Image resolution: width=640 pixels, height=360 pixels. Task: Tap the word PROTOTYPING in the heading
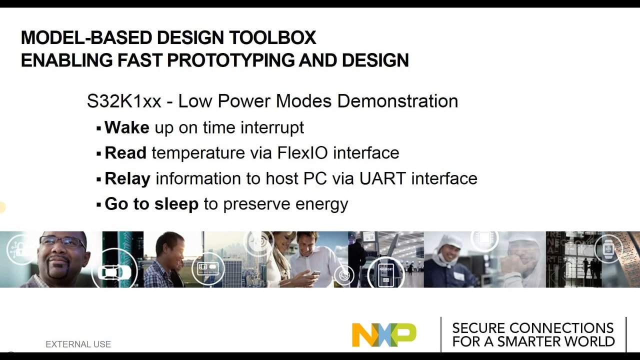pyautogui.click(x=230, y=60)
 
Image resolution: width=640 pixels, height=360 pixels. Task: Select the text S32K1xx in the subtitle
pyautogui.click(x=124, y=101)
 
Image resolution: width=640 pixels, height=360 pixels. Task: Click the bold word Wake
pyautogui.click(x=127, y=127)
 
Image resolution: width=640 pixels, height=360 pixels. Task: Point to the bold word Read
pyautogui.click(x=125, y=152)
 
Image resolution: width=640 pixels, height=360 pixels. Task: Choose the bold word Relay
pyautogui.click(x=127, y=179)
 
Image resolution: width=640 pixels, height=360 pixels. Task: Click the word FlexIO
pyautogui.click(x=302, y=152)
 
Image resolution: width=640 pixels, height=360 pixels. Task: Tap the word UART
pyautogui.click(x=382, y=178)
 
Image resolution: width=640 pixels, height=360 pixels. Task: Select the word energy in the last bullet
pyautogui.click(x=321, y=205)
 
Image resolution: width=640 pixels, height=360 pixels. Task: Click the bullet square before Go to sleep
pyautogui.click(x=99, y=205)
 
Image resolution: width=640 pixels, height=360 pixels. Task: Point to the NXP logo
pyautogui.click(x=384, y=335)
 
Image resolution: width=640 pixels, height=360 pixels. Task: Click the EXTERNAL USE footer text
pyautogui.click(x=78, y=344)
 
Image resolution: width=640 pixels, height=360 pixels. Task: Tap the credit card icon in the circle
pyautogui.click(x=208, y=268)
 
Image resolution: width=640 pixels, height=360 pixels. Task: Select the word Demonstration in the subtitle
pyautogui.click(x=397, y=101)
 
